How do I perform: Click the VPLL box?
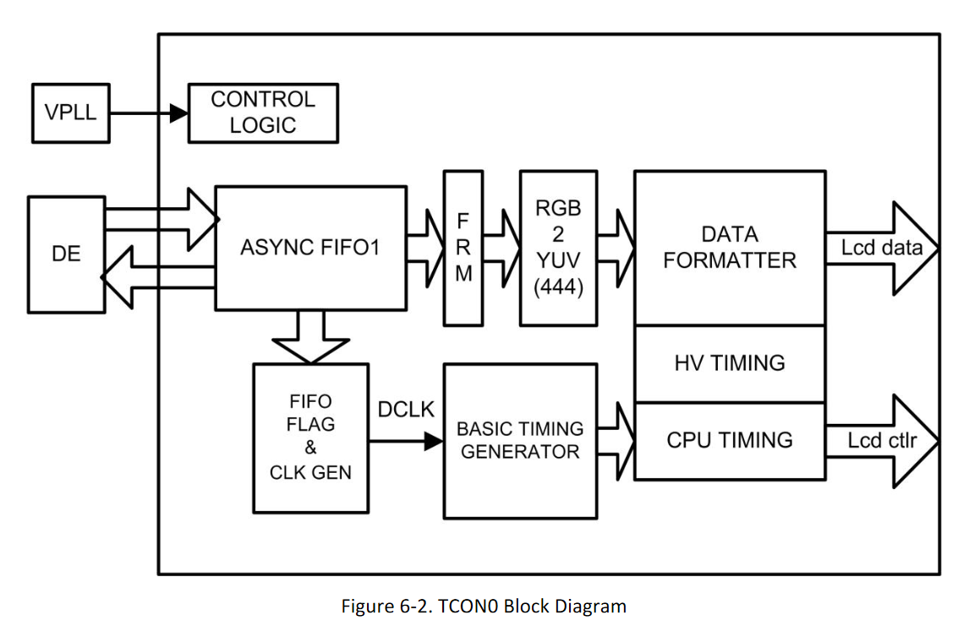(x=71, y=112)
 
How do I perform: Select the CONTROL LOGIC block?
(x=263, y=112)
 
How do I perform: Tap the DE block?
(x=66, y=253)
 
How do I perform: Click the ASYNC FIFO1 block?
(x=310, y=248)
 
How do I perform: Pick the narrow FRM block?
(x=464, y=248)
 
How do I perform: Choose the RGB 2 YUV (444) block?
(x=558, y=248)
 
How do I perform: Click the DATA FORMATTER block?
(x=729, y=248)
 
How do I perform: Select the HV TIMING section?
(x=729, y=363)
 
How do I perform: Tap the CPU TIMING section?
(x=729, y=440)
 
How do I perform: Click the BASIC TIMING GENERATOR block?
(x=520, y=440)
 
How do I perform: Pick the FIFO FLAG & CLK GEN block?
(x=311, y=437)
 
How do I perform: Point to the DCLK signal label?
(x=406, y=410)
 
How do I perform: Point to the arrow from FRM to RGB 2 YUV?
(x=502, y=248)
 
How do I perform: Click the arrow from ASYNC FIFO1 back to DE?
(x=156, y=277)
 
